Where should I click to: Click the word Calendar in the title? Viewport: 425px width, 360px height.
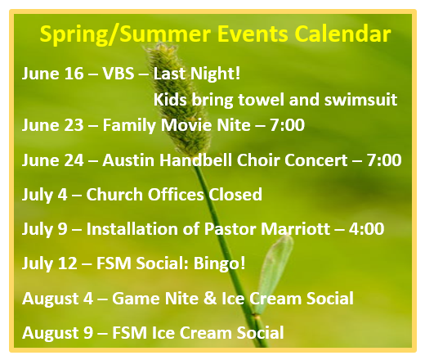pos(342,34)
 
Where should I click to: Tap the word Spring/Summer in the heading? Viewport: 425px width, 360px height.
pos(125,34)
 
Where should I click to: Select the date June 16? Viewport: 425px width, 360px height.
pos(52,74)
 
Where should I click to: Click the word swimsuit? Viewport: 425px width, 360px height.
pos(360,100)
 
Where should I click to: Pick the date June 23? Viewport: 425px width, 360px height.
pos(52,125)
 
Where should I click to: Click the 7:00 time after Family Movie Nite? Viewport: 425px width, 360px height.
pos(287,125)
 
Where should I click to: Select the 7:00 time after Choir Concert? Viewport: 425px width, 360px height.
pos(384,160)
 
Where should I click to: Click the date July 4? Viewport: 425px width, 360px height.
pos(44,195)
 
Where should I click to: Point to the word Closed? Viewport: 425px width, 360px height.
pos(235,195)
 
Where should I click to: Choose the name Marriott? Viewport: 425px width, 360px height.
pos(295,229)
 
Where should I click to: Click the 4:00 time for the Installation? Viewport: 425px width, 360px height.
pos(366,229)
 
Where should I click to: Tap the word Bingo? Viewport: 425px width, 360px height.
pos(219,264)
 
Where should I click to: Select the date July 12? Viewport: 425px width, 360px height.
pos(50,264)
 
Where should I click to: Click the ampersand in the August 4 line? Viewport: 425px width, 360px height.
pos(210,298)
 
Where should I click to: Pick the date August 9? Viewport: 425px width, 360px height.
pos(57,333)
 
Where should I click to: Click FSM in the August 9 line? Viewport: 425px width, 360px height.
pos(130,333)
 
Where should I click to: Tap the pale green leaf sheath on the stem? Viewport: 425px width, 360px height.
pos(272,272)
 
